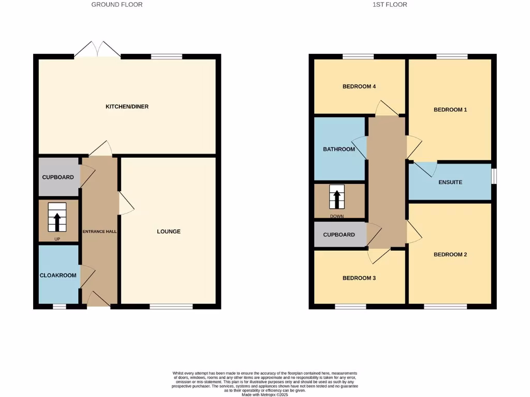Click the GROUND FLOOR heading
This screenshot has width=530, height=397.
coord(116,5)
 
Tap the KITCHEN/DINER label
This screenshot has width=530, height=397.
coord(127,106)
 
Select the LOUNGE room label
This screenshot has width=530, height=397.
coord(169,232)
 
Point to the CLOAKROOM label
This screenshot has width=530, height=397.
coord(58,275)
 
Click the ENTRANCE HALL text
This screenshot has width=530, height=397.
coord(99,232)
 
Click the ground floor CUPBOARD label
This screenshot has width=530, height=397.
coord(58,177)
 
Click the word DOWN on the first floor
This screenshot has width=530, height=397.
coord(337,217)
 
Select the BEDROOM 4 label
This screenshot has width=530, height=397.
coord(359,86)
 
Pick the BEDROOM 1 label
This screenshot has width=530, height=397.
coord(450,110)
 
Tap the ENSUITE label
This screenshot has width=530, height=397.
coord(450,182)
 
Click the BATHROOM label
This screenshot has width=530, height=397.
coord(339,149)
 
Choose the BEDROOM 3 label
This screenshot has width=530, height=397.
coord(359,278)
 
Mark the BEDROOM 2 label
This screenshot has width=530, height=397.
coord(450,254)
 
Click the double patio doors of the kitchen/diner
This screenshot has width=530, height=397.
coord(97,50)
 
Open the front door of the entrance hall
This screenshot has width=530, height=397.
coord(98,300)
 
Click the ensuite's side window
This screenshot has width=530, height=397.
coord(494,176)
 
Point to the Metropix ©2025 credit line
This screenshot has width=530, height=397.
coord(264,394)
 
